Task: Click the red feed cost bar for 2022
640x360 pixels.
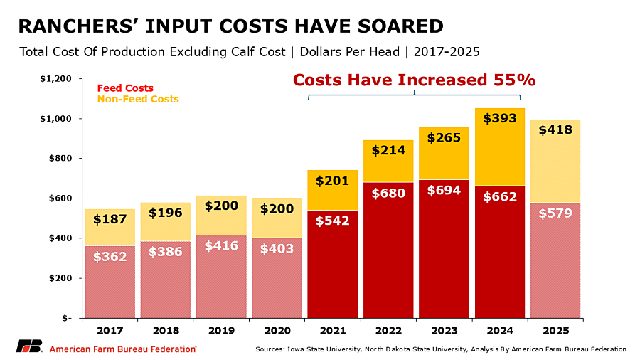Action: click(x=388, y=250)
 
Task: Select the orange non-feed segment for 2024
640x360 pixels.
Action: click(x=500, y=147)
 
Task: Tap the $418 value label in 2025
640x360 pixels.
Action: click(x=555, y=129)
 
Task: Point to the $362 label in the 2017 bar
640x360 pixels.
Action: click(x=110, y=257)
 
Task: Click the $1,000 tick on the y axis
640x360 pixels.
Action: click(x=55, y=119)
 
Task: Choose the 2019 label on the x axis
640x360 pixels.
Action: click(x=221, y=331)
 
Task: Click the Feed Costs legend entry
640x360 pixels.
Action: click(x=125, y=88)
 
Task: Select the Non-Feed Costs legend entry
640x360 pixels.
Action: click(x=138, y=99)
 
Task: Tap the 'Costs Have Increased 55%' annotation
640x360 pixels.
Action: click(x=415, y=80)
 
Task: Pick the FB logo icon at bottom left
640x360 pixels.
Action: click(x=29, y=346)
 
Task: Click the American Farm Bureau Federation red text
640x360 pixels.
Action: click(x=123, y=349)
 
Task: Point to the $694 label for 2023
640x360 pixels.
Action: click(x=444, y=191)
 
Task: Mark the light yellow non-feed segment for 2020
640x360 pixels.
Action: click(x=277, y=218)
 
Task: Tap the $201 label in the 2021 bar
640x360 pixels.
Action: click(x=332, y=181)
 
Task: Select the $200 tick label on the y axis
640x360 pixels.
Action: click(x=60, y=278)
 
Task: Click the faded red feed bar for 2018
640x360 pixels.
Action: click(x=165, y=280)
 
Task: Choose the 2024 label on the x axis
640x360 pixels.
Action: click(x=500, y=331)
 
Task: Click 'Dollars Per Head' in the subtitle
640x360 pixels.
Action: click(x=350, y=52)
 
